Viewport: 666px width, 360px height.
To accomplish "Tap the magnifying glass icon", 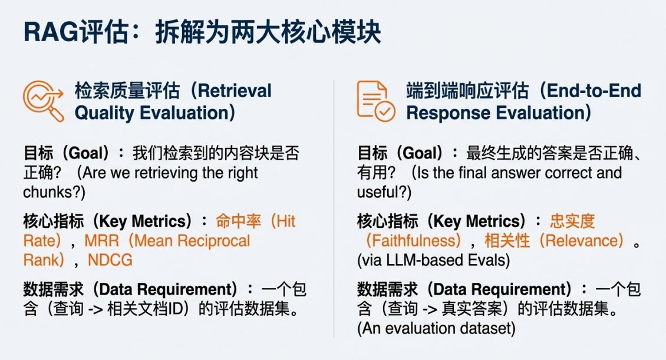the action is click(44, 101).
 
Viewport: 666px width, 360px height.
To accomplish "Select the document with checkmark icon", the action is click(376, 101).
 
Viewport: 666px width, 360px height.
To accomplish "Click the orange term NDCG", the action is click(110, 260).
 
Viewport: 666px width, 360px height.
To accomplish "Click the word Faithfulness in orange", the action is click(414, 241).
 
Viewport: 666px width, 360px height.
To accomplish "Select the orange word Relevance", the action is click(584, 241).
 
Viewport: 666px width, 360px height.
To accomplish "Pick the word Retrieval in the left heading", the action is click(235, 91).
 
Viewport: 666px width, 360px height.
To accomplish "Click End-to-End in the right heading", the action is click(594, 91).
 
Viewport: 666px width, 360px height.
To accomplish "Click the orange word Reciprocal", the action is click(213, 241).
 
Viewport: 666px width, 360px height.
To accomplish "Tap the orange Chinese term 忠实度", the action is click(572, 221).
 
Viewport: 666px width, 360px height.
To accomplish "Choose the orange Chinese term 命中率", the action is click(238, 221).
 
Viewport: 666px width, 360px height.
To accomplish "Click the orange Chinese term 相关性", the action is click(507, 241).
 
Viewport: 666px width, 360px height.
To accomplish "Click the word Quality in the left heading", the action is click(104, 113).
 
